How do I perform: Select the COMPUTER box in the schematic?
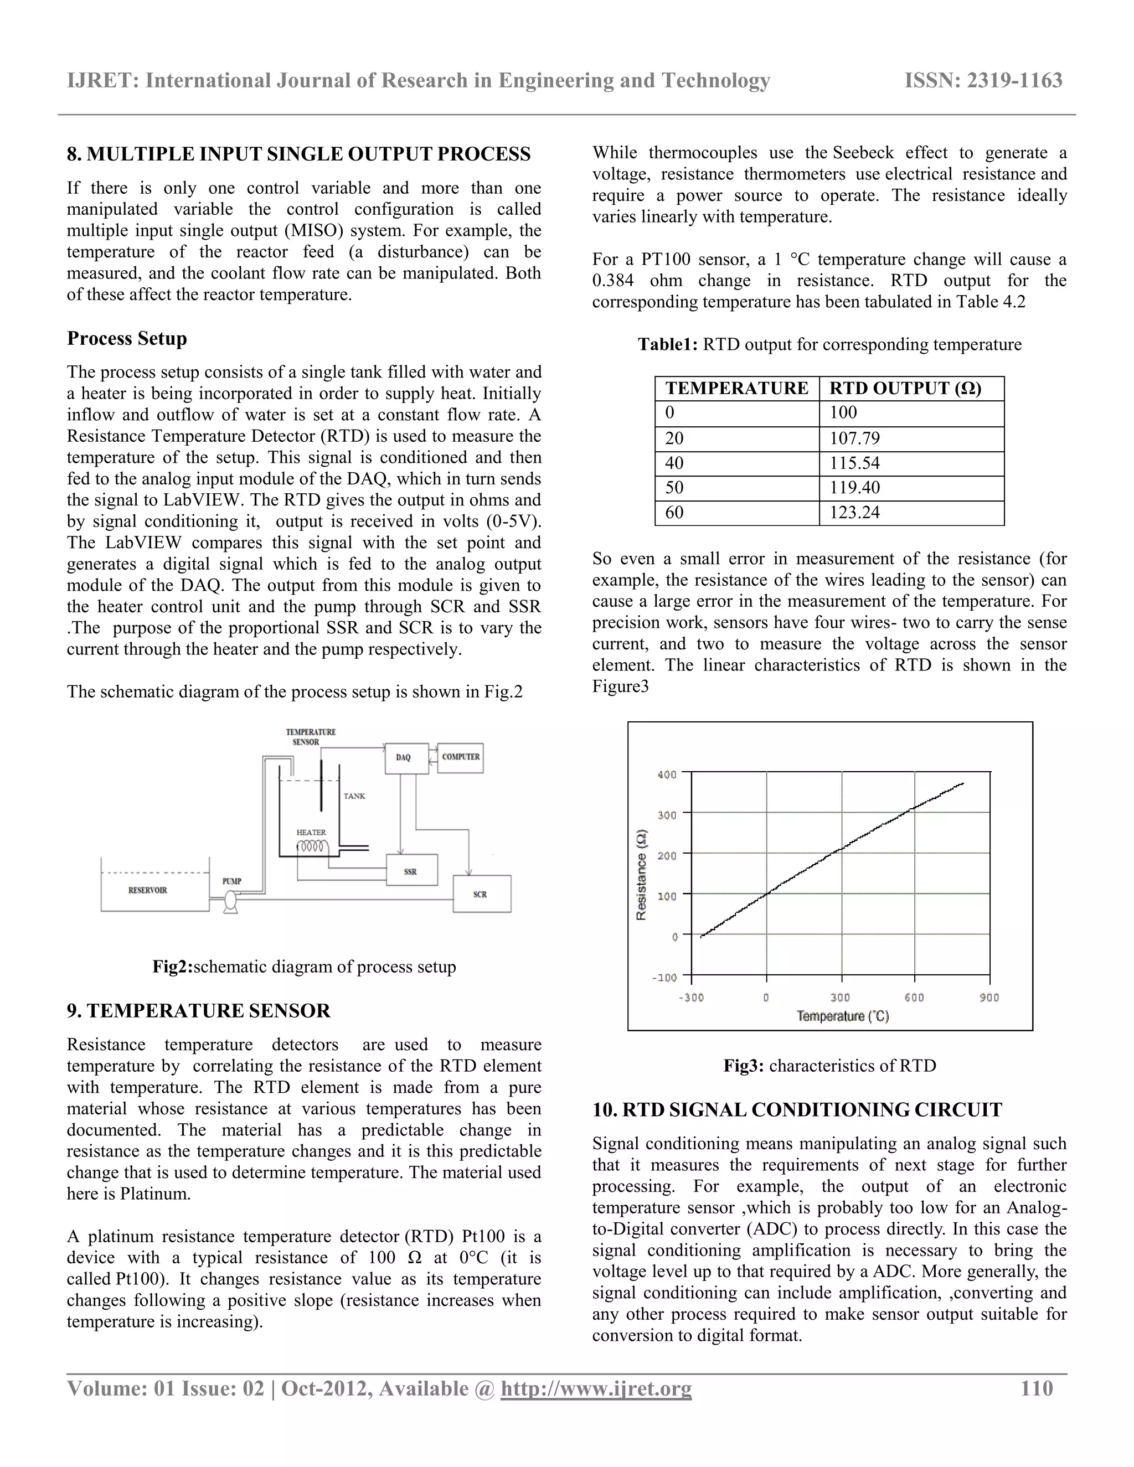[460, 757]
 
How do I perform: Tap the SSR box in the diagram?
[411, 871]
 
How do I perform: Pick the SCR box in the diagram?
[481, 894]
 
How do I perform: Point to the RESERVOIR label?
[148, 890]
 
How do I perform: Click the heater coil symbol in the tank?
[313, 847]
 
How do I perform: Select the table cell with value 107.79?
[910, 438]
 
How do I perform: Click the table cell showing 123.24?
[910, 513]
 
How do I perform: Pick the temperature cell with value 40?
[736, 463]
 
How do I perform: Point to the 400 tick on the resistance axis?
[667, 774]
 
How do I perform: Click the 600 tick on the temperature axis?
[914, 998]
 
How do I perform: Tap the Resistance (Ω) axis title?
[642, 875]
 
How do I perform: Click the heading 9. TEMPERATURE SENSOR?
[199, 1011]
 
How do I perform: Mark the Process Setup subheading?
[127, 339]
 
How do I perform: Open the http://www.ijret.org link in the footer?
[596, 1388]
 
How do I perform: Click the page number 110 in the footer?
[1036, 1388]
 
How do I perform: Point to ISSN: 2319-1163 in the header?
[983, 81]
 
